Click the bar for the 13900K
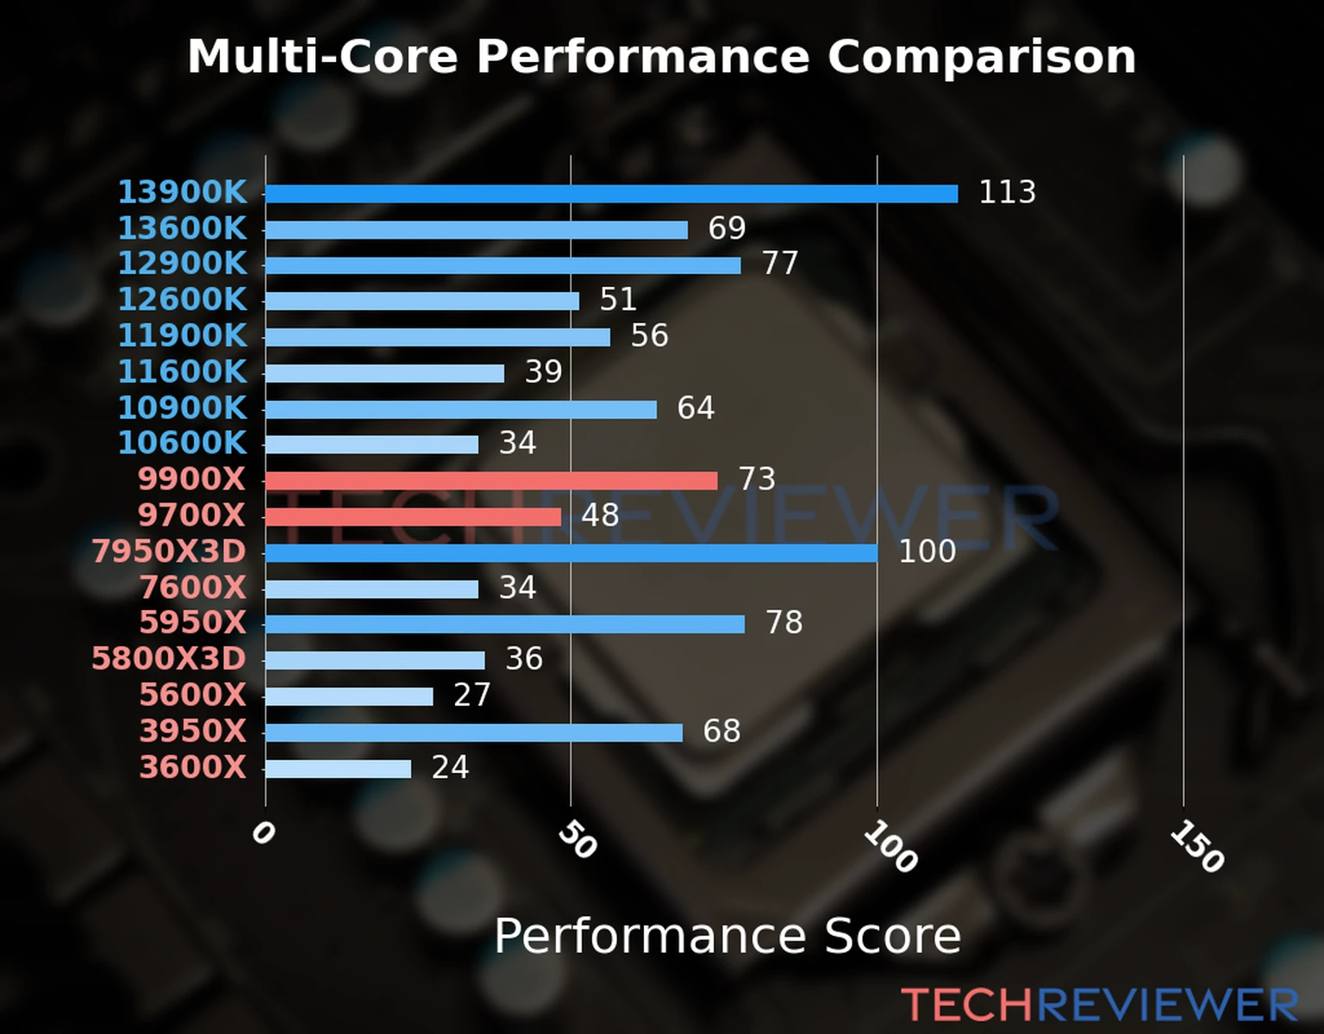[x=611, y=194]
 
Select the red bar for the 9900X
[x=491, y=481]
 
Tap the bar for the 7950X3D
[x=571, y=553]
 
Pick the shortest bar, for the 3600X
[x=338, y=769]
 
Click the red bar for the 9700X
[x=413, y=517]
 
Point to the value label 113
[x=1007, y=192]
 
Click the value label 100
[x=927, y=551]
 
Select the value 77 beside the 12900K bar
[x=780, y=264]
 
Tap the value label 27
[x=472, y=695]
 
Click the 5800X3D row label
[x=169, y=659]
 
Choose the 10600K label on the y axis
[x=182, y=443]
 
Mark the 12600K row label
[x=182, y=300]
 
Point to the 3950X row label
[x=193, y=732]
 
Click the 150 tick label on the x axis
[x=1196, y=846]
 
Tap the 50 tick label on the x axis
[x=577, y=839]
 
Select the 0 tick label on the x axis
[x=263, y=832]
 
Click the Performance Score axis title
[x=727, y=937]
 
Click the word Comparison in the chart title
[x=981, y=57]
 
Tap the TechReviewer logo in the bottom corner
[x=1099, y=1006]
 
